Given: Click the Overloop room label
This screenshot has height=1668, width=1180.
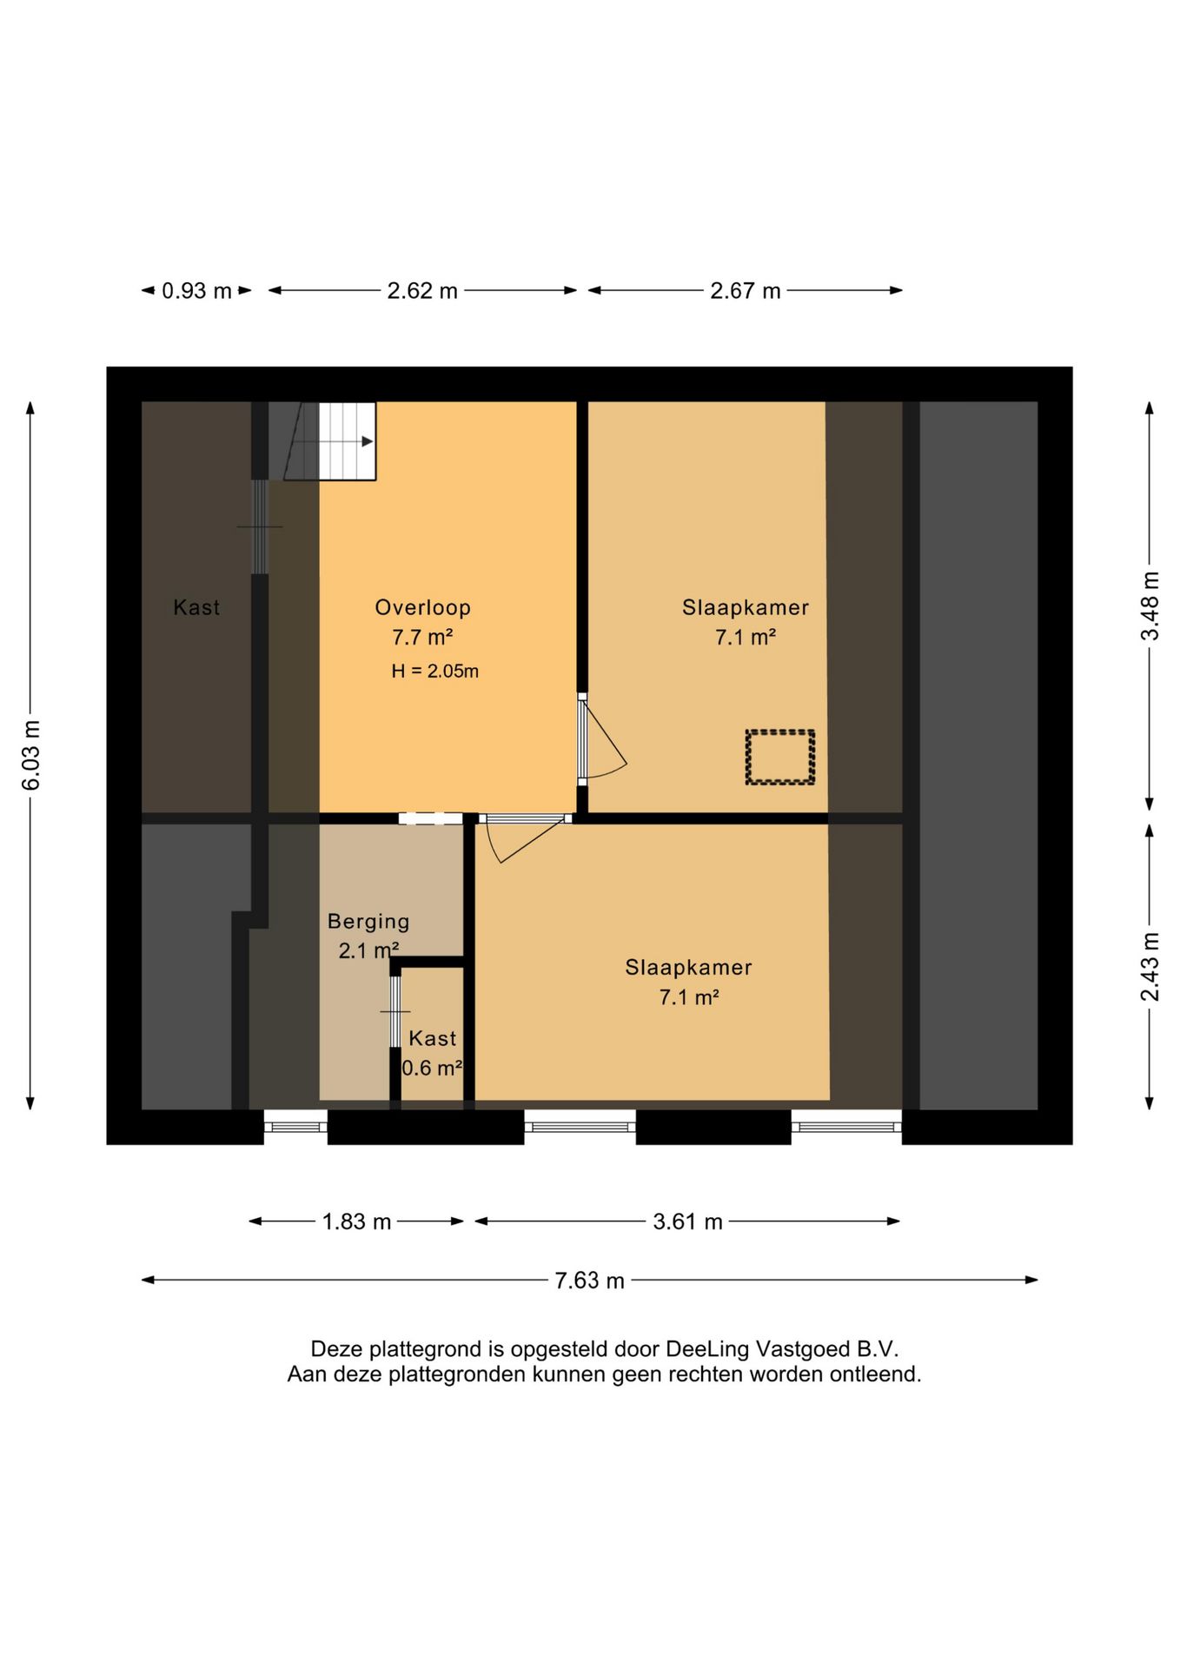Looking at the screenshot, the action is (x=422, y=607).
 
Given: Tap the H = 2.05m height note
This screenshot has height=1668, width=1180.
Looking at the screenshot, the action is (x=434, y=671).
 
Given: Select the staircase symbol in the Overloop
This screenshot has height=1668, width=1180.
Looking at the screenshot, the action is (x=329, y=440).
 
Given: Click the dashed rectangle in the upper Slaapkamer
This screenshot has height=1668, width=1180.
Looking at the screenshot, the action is (x=779, y=758).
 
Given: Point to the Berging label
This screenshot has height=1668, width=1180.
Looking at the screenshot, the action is (x=368, y=922).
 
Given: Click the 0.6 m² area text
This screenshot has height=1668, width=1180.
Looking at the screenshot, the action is (x=432, y=1068).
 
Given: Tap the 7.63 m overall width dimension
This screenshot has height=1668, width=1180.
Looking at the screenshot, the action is (x=590, y=1281).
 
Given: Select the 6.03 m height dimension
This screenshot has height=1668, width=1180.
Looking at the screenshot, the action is (x=31, y=755).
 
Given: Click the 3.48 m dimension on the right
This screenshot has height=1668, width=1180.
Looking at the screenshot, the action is (x=1150, y=606).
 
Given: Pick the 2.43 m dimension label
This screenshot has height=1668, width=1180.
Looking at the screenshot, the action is (x=1150, y=966).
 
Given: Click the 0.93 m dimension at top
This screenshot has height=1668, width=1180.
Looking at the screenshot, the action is (x=196, y=290).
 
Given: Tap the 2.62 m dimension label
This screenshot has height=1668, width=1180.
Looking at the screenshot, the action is (x=422, y=290).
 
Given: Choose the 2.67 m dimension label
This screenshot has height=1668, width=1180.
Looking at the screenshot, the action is (x=746, y=290).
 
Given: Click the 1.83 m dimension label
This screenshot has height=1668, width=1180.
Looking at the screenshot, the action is (x=356, y=1221).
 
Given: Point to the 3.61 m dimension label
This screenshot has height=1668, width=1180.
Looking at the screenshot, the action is (x=688, y=1221).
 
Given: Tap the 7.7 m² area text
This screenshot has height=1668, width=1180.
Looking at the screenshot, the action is (x=422, y=637).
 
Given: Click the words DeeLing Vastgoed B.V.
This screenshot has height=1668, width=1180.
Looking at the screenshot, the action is (x=782, y=1349).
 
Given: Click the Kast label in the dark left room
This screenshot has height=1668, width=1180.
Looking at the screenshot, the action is (x=196, y=607).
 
